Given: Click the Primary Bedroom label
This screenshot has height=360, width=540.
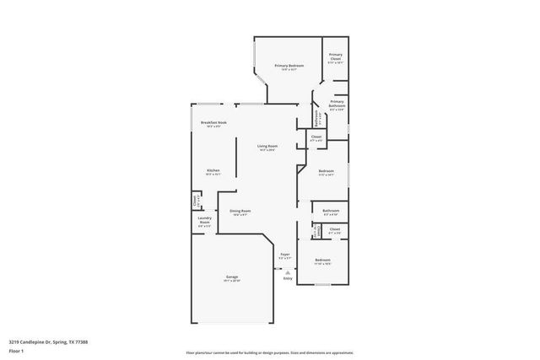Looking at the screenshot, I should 289,66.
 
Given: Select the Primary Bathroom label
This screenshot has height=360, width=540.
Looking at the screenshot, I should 336,105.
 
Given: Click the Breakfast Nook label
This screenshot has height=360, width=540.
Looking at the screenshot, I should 213,123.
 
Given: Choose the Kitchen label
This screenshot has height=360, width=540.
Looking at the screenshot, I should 213,171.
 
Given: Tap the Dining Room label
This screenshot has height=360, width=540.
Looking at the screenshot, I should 240,212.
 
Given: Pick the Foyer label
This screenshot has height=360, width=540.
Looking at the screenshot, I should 285,254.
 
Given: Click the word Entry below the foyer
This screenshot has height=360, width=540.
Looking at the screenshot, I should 289,278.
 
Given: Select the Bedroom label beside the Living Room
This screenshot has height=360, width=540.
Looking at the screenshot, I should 327,173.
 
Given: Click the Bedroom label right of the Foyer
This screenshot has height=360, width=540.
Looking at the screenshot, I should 322,261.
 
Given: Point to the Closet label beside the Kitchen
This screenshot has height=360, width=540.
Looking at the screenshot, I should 197,201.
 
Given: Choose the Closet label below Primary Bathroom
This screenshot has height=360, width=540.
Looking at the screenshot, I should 316,137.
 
